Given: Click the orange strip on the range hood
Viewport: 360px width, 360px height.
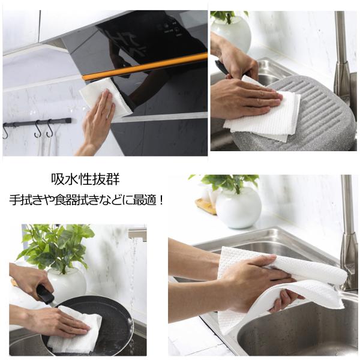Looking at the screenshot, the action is [145, 67].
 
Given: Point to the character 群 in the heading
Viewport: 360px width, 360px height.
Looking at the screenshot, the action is [113, 179].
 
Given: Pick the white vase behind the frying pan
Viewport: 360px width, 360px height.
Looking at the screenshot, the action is [67, 284].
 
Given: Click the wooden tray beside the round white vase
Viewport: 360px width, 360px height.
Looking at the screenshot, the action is [205, 205].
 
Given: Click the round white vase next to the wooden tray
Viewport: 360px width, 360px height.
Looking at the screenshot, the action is [238, 208].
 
